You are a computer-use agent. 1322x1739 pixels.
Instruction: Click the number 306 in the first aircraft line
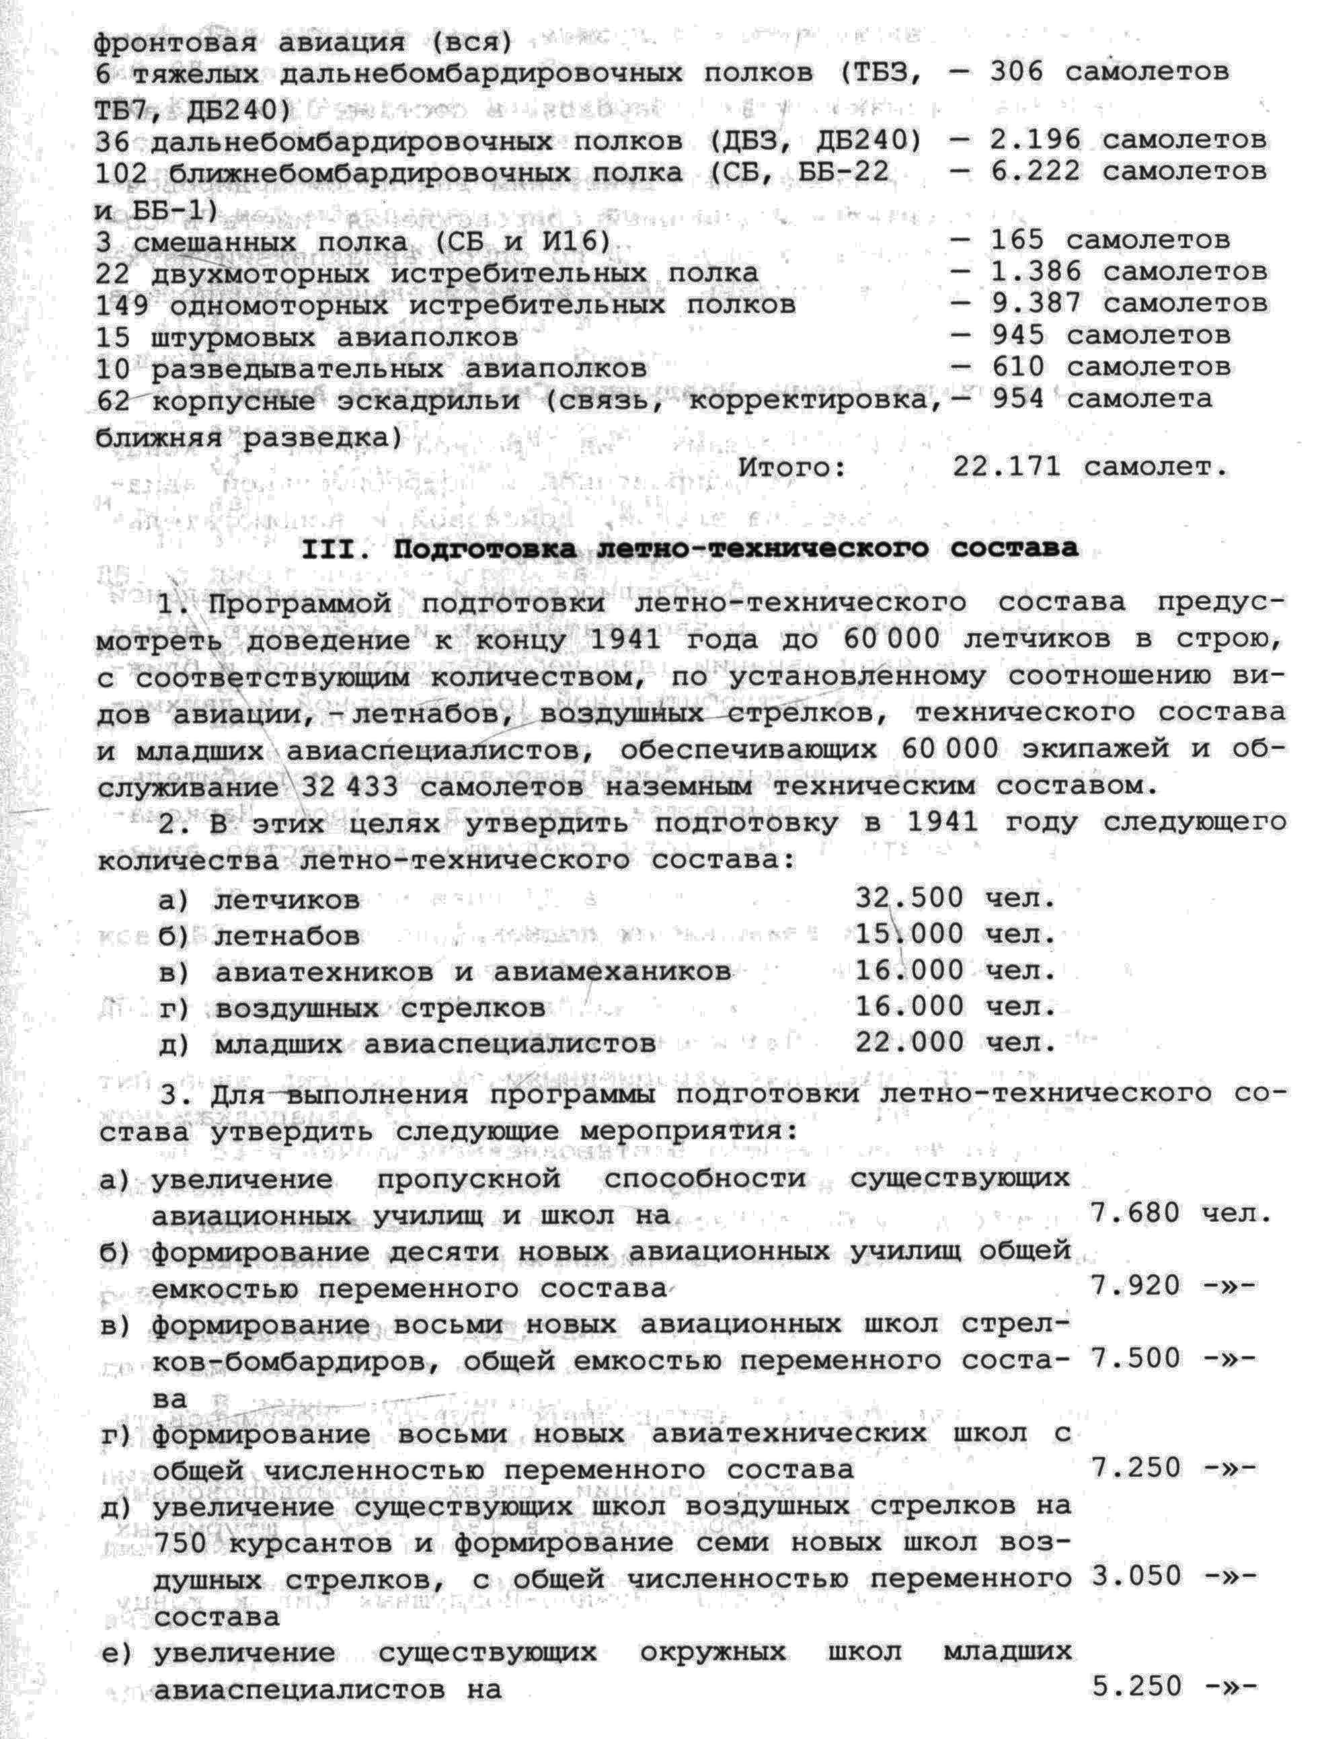[1016, 73]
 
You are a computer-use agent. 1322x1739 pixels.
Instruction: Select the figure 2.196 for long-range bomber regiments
[1035, 140]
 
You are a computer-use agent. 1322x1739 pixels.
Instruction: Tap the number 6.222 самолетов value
[1035, 171]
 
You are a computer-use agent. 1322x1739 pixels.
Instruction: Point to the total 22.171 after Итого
[1007, 467]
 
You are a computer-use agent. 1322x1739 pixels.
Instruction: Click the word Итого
[791, 467]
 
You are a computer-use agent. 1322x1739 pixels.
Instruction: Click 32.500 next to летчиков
[909, 898]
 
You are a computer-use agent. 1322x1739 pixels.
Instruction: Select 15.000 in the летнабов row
[909, 934]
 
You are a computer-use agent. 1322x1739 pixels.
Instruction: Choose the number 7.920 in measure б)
[1134, 1286]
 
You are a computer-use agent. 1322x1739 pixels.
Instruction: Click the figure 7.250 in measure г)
[1134, 1467]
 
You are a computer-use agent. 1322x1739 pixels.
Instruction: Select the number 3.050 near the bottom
[1134, 1576]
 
